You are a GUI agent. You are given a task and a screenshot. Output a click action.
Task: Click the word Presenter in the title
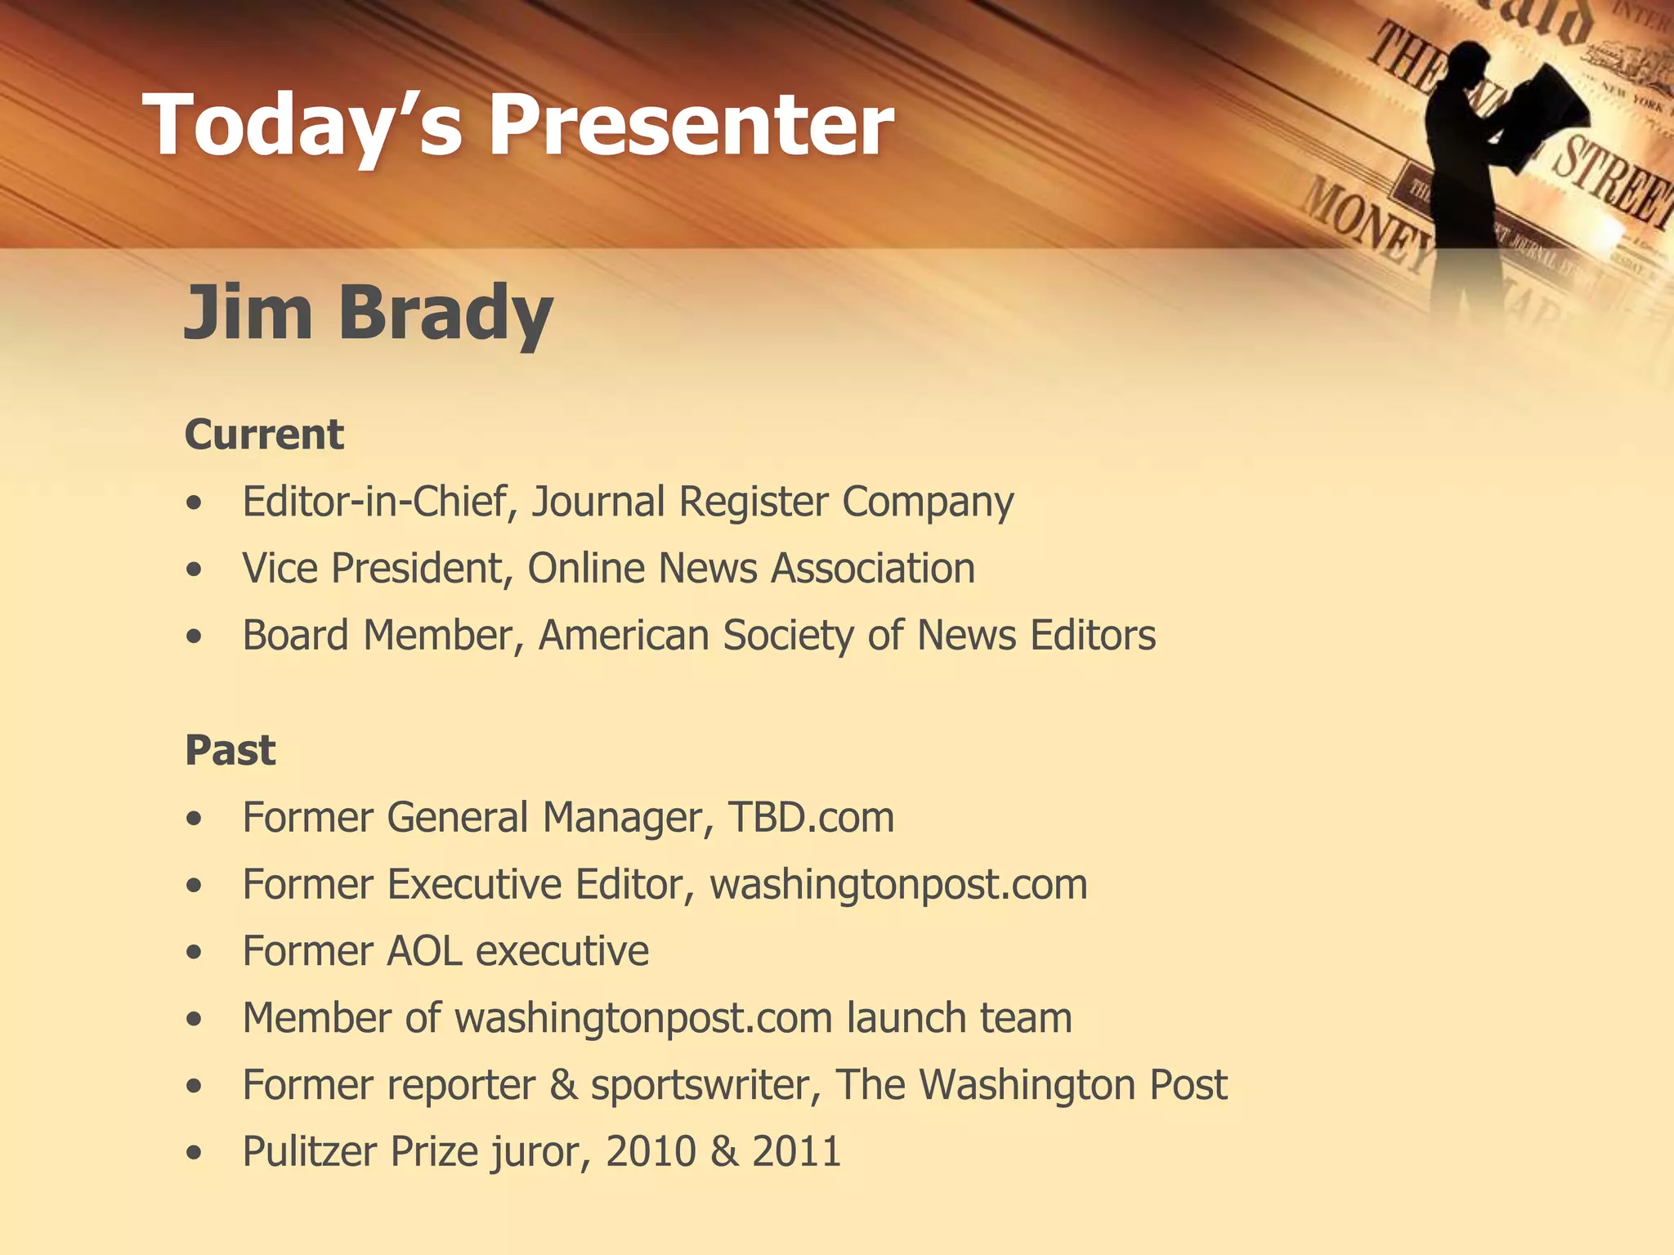pos(691,125)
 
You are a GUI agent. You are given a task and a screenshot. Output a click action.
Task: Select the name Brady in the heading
pos(445,313)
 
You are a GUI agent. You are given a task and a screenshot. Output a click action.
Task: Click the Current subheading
pos(264,434)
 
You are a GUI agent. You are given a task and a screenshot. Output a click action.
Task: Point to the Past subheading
pos(231,750)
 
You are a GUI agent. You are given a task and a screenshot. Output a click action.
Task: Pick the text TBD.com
pos(811,817)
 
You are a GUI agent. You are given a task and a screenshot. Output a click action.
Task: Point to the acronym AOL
pos(424,951)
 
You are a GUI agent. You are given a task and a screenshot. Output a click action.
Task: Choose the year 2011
pos(796,1152)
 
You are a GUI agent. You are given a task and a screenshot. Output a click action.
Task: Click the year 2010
pos(650,1152)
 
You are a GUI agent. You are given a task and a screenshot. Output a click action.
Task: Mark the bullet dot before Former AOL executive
pos(194,952)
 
